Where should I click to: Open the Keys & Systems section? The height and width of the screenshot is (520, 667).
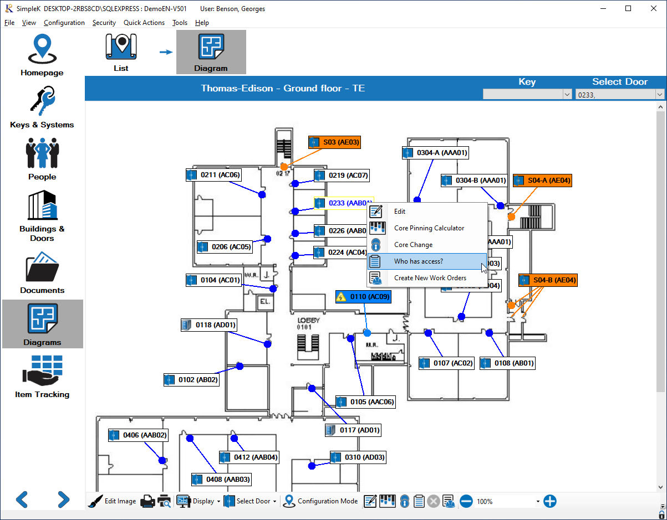click(x=42, y=107)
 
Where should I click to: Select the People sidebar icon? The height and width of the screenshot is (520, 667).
click(x=42, y=159)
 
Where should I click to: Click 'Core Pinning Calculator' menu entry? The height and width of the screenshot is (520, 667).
click(x=429, y=228)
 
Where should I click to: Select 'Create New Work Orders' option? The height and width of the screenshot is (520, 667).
click(x=430, y=278)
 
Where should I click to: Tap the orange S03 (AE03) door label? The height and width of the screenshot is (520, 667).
click(x=335, y=142)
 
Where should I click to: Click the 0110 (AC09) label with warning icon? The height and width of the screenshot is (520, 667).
click(x=364, y=297)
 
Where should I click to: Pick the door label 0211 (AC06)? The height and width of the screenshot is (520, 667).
click(x=214, y=175)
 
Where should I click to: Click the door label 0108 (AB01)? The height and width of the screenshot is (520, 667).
click(x=508, y=363)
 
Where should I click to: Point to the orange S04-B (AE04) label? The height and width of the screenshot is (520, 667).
click(x=548, y=280)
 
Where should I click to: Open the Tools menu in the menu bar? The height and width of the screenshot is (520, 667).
click(x=180, y=23)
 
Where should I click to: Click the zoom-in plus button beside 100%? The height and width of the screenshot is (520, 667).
click(x=549, y=501)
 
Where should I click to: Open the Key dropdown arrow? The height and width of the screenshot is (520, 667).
click(x=567, y=95)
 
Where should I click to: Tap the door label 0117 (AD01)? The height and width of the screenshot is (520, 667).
click(x=353, y=430)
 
